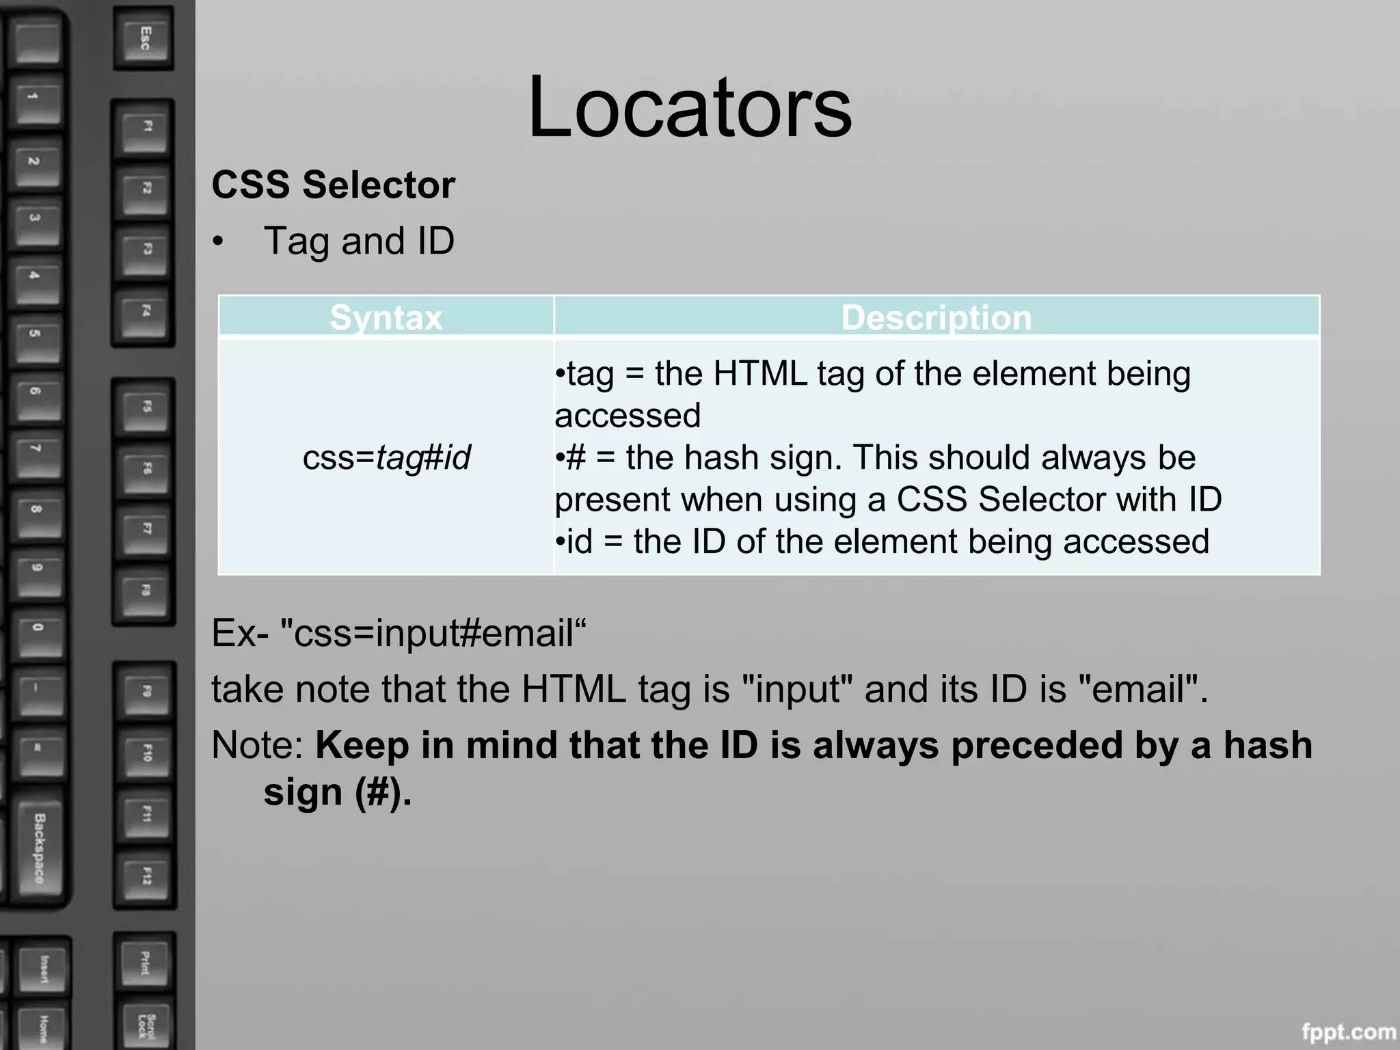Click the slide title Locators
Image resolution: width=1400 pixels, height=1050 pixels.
(x=690, y=107)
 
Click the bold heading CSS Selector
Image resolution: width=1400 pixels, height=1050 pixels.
(x=333, y=185)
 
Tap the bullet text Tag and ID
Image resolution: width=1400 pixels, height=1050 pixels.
(x=359, y=241)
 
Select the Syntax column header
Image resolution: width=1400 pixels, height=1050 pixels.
(x=386, y=317)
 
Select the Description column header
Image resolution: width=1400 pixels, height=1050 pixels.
(x=936, y=317)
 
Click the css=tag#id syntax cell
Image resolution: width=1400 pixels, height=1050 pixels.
(x=386, y=457)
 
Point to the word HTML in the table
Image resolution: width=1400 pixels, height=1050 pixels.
(x=759, y=374)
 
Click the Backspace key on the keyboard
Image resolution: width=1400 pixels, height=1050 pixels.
(x=40, y=848)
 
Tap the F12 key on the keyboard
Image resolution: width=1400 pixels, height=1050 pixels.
(x=146, y=876)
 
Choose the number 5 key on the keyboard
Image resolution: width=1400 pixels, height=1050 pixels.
(x=36, y=334)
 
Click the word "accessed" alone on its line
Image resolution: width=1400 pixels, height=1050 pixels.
(x=628, y=416)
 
